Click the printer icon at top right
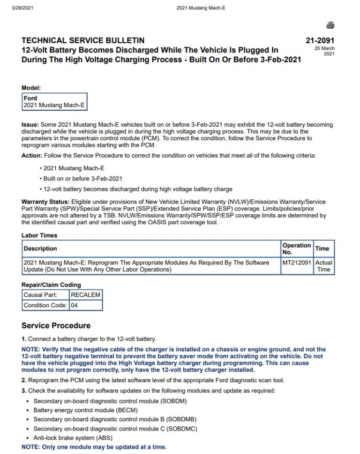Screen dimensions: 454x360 330,25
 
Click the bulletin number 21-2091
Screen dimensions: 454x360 320,41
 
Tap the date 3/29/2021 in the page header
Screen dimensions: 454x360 22,8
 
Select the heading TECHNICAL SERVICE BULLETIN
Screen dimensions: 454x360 83,41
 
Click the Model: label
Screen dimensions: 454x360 31,88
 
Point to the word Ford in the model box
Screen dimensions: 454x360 30,98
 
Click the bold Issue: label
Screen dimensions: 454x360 30,125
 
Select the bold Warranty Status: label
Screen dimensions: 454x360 45,202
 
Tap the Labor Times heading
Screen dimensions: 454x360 39,235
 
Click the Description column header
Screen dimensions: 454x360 40,249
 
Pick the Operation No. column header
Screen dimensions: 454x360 296,249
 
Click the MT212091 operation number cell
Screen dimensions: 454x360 296,263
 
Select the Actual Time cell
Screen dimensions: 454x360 323,266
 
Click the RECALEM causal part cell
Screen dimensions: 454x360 85,295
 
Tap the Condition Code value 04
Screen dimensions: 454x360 75,305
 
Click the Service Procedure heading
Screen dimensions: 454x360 56,325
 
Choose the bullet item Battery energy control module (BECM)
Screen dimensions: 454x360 85,410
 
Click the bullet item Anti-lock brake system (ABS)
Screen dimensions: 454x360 73,438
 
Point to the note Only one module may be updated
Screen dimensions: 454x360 94,447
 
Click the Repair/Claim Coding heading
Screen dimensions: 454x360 51,285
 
